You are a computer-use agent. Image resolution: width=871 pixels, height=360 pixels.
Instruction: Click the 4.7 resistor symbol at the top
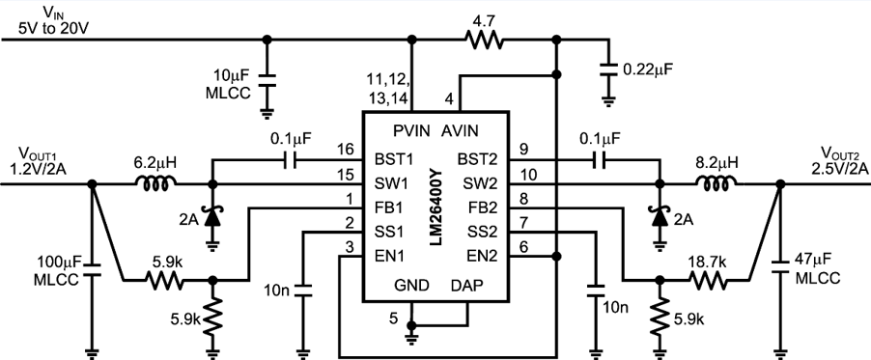pyautogui.click(x=483, y=40)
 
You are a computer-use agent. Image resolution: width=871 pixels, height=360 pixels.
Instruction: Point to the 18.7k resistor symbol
pyautogui.click(x=709, y=281)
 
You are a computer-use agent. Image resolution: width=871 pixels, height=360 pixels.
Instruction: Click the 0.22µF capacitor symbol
pyautogui.click(x=608, y=69)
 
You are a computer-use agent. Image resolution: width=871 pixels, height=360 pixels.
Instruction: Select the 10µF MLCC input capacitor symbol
pyautogui.click(x=267, y=83)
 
